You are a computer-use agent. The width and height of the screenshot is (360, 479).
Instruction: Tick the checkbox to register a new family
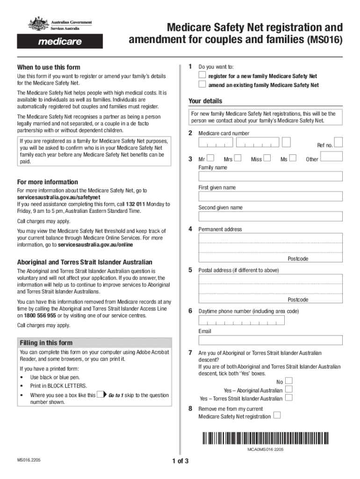tap(202, 75)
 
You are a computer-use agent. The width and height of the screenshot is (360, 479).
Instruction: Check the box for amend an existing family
tap(202, 85)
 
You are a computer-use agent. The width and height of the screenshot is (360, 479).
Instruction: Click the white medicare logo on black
tap(59, 42)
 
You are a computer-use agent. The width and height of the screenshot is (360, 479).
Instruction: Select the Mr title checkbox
tap(210, 159)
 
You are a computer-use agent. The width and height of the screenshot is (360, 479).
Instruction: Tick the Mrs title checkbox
tap(238, 159)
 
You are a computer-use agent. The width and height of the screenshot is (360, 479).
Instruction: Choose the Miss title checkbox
tap(267, 159)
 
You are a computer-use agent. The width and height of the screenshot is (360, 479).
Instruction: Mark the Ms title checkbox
tap(293, 159)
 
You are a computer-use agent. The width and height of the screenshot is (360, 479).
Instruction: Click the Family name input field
tap(270, 176)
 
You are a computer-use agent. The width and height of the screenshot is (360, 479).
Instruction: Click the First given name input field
tap(270, 196)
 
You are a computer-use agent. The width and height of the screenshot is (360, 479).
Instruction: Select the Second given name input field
tap(270, 217)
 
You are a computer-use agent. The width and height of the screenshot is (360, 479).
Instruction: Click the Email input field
tap(270, 340)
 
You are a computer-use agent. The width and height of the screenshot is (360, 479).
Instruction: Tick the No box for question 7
tap(289, 381)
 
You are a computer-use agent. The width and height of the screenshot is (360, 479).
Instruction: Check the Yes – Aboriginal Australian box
tap(289, 390)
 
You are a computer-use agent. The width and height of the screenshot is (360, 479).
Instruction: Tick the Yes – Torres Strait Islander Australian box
tap(289, 398)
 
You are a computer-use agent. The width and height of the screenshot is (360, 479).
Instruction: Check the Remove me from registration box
tap(277, 415)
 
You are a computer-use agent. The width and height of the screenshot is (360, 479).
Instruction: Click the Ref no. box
tap(338, 142)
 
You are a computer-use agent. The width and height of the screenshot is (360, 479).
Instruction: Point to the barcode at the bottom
tap(266, 438)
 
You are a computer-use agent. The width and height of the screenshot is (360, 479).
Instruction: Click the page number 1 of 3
tap(180, 461)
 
